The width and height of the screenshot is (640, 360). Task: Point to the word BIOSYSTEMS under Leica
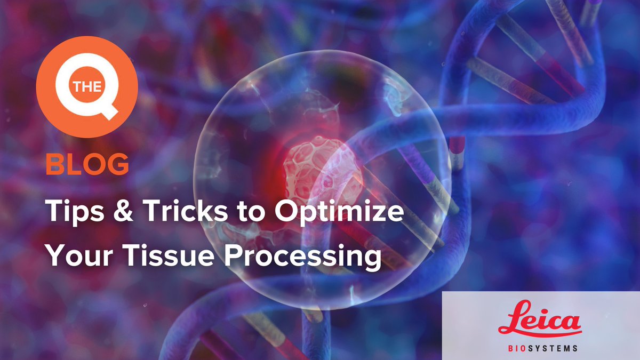[x=540, y=348]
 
